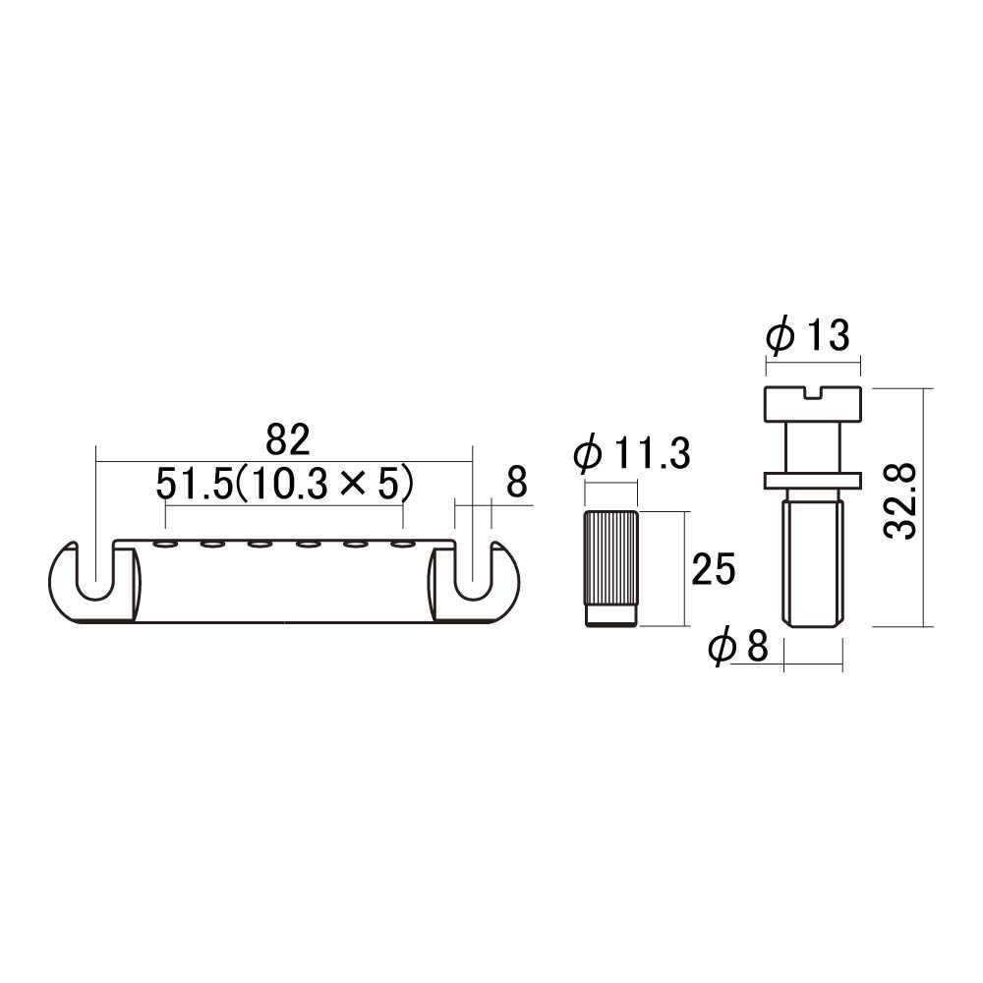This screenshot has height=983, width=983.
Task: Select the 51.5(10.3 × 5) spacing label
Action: point(282,484)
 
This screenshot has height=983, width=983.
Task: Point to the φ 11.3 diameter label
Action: point(632,455)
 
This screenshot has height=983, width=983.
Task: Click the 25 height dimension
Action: point(713,569)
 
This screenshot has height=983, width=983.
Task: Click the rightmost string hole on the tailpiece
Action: point(400,543)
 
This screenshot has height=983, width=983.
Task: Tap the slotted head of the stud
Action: point(812,403)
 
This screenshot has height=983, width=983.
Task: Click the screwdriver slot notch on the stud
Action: point(812,394)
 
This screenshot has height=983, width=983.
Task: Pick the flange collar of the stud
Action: point(812,479)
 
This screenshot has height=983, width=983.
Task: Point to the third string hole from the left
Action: point(260,543)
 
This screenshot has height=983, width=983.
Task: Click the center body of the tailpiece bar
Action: point(285,585)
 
